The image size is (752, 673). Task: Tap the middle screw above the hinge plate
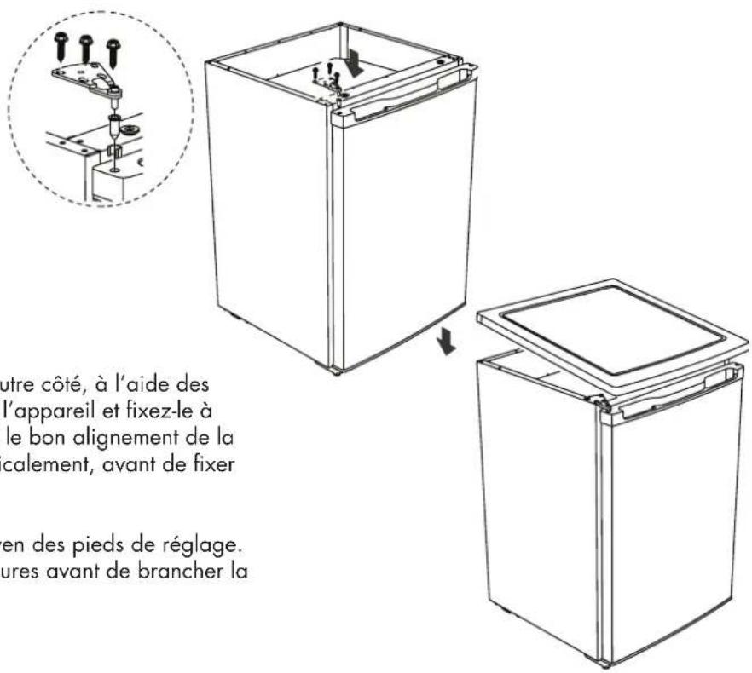(x=86, y=49)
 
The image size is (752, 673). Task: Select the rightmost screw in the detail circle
(x=113, y=53)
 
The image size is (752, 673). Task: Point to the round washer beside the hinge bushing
(x=129, y=129)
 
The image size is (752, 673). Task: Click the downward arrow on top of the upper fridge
(x=356, y=64)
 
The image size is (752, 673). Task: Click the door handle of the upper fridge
(x=407, y=96)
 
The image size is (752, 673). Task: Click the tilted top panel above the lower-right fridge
(x=612, y=331)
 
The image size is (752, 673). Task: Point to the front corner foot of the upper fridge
(x=336, y=372)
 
